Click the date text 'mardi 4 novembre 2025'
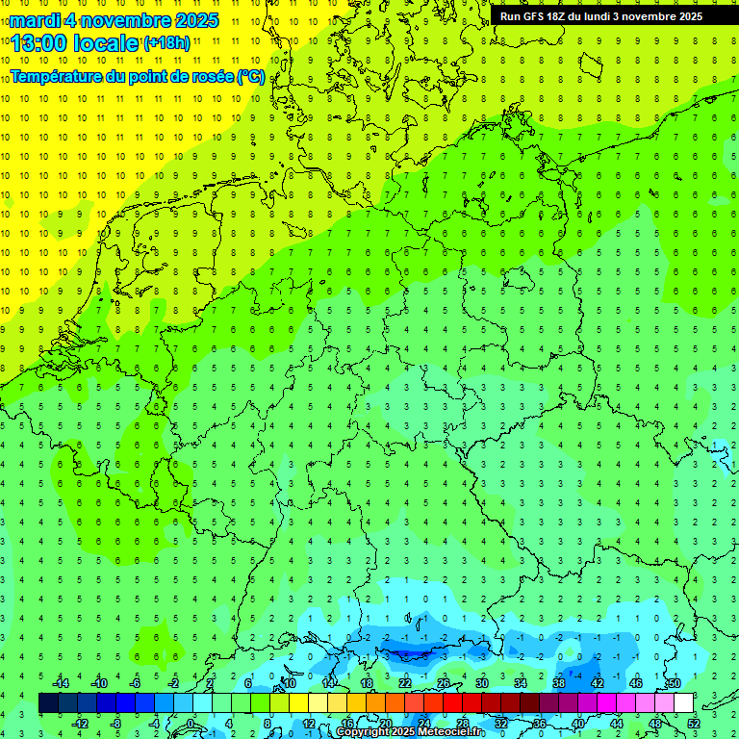(x=115, y=20)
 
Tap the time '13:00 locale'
(x=75, y=42)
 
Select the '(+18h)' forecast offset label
(x=166, y=43)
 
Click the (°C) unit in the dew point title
(x=250, y=77)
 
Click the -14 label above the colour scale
(x=60, y=683)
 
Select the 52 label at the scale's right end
(x=693, y=723)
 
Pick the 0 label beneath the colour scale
(x=191, y=723)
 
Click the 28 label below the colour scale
(x=462, y=723)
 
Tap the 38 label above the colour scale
(x=558, y=683)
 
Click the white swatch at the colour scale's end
(x=683, y=703)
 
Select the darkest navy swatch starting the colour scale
(x=48, y=703)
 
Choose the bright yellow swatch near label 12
(x=318, y=703)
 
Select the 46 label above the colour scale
(x=635, y=683)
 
